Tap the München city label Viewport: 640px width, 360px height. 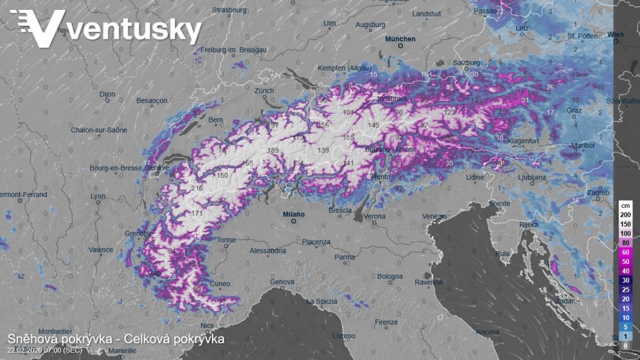400,39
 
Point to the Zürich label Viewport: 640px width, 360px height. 264,91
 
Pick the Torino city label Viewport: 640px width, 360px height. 225,240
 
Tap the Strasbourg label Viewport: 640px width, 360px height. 229,10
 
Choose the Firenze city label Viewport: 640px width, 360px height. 386,322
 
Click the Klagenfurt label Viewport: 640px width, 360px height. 527,141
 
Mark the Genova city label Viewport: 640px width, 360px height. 282,282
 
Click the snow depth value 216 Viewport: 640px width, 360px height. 197,188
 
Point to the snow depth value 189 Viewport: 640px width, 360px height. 272,150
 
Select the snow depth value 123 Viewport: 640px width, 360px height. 449,112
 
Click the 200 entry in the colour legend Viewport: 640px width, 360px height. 625,214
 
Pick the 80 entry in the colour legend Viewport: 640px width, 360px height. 625,243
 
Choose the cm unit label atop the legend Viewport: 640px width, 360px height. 625,205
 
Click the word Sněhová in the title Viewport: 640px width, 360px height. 33,339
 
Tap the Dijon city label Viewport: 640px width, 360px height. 107,93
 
